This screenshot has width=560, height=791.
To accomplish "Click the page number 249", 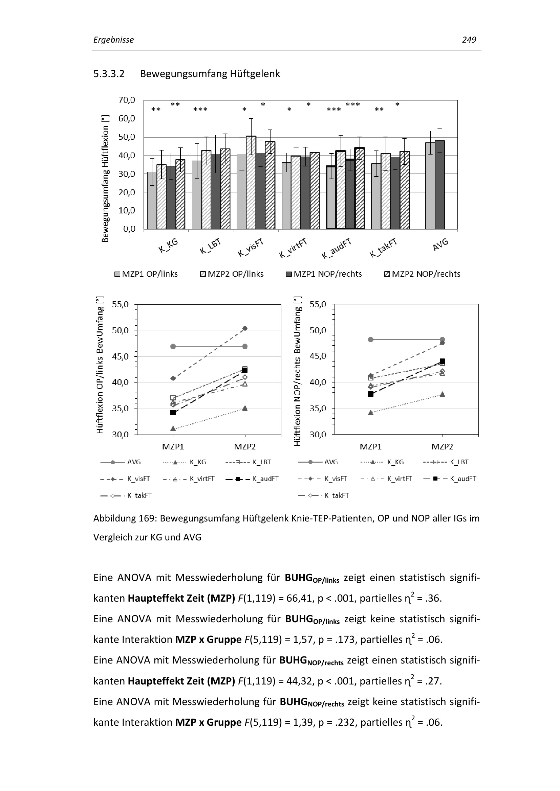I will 469,40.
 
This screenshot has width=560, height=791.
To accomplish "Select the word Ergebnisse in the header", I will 113,40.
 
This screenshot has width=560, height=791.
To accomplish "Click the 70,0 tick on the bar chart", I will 127,100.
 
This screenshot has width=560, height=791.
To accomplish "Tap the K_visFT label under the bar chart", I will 251,248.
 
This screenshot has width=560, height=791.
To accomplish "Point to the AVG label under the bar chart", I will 440,245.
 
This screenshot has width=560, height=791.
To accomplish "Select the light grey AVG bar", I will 430,186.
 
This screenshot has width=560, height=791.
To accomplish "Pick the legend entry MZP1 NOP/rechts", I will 324,274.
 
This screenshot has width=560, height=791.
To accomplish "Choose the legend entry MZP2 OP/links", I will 232,274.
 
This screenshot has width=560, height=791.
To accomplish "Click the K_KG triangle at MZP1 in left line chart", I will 173,428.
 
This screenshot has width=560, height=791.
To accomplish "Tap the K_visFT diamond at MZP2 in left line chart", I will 245,328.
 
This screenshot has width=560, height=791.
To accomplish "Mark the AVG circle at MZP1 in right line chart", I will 371,340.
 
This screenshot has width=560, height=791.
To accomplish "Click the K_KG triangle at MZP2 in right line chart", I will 443,394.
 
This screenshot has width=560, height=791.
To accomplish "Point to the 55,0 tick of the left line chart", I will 120,305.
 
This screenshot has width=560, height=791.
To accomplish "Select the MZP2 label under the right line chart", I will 443,447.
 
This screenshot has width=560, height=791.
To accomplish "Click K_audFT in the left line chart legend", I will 265,479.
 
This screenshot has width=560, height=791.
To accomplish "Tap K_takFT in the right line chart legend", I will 337,495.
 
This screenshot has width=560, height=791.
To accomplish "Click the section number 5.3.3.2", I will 109,74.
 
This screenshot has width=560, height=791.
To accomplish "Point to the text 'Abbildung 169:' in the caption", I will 125,518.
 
